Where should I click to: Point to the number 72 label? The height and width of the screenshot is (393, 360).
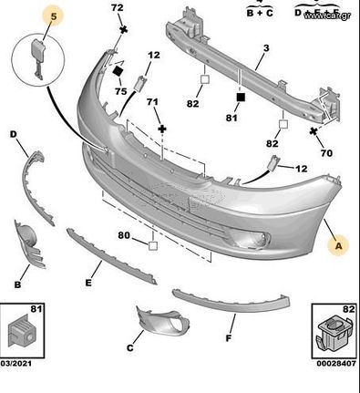(x=117, y=8)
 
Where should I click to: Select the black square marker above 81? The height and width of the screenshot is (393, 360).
(x=241, y=96)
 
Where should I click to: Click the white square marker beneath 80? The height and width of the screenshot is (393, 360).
(x=153, y=243)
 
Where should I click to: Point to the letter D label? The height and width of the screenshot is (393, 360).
(x=15, y=135)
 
